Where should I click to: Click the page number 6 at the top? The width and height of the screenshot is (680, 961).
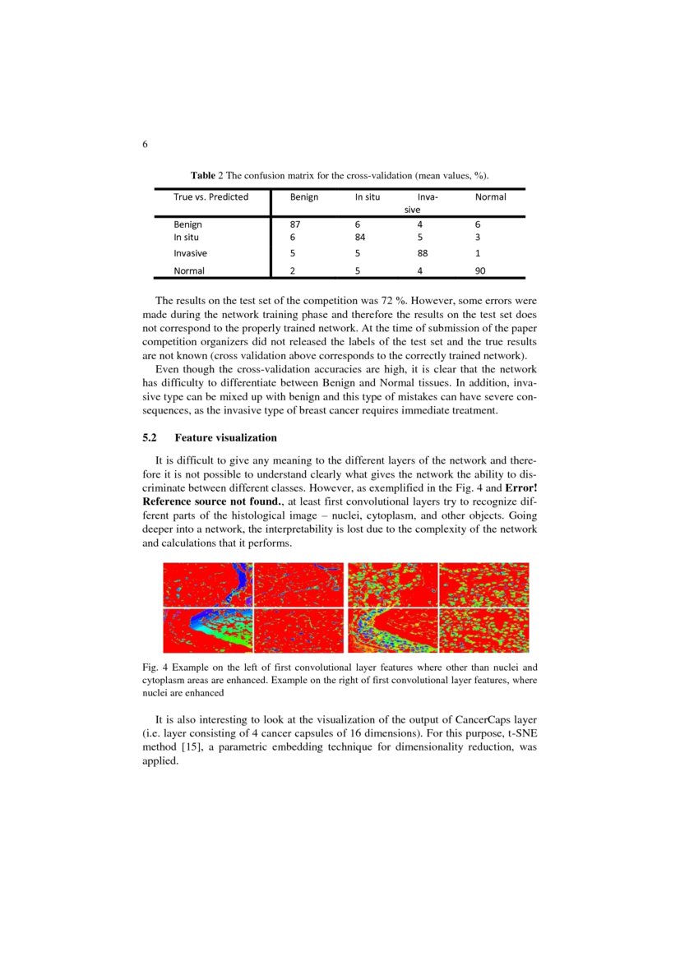(x=145, y=145)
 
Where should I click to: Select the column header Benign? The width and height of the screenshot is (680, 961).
(x=304, y=197)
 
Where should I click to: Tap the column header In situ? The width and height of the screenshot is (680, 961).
(x=368, y=197)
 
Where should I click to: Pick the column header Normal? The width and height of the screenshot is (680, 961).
(x=491, y=197)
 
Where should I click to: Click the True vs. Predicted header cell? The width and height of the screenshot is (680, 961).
(x=210, y=197)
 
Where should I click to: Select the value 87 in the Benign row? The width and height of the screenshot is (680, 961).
(x=296, y=224)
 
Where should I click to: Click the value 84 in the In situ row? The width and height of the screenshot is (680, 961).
(x=360, y=237)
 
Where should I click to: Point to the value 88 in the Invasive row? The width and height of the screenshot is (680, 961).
(x=423, y=254)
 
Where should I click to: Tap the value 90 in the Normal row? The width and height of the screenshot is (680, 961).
(x=481, y=270)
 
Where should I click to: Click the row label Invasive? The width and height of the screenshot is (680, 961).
(x=190, y=254)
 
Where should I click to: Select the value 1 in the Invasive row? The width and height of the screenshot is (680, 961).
(x=478, y=254)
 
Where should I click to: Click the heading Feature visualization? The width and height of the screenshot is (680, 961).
(x=225, y=437)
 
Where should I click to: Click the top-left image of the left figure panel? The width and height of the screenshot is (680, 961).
(x=207, y=584)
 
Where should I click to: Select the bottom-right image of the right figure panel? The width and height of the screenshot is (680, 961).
(x=483, y=631)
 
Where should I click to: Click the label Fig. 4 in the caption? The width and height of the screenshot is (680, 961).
(x=155, y=668)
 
